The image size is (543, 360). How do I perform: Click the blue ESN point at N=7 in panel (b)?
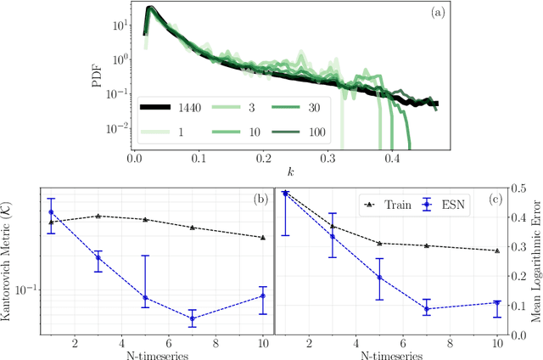[x=193, y=318]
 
